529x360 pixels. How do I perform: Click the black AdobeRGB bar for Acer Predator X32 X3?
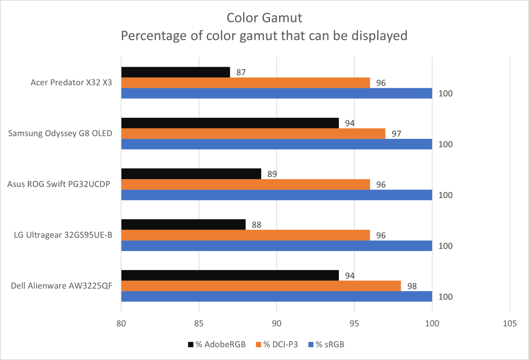pyautogui.click(x=176, y=72)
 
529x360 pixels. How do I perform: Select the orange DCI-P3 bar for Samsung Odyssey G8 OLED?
pyautogui.click(x=253, y=133)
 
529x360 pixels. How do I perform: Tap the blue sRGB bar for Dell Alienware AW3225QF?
pyautogui.click(x=276, y=296)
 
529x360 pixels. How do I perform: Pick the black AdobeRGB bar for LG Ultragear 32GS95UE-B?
pyautogui.click(x=183, y=224)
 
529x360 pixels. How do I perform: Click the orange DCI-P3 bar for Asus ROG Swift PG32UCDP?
pyautogui.click(x=245, y=184)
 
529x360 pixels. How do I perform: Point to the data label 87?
pyautogui.click(x=241, y=72)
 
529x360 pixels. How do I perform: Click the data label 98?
pyautogui.click(x=412, y=286)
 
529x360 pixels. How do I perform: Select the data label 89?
pyautogui.click(x=272, y=174)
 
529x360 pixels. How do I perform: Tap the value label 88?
pyautogui.click(x=256, y=225)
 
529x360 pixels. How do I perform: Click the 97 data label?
pyautogui.click(x=396, y=134)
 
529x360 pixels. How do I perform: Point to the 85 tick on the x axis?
pyautogui.click(x=199, y=323)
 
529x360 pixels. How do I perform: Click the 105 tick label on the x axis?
pyautogui.click(x=510, y=323)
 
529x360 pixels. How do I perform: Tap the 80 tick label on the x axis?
pyautogui.click(x=121, y=323)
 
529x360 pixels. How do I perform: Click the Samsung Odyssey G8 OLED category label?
pyautogui.click(x=60, y=134)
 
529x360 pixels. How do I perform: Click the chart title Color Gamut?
pyautogui.click(x=264, y=18)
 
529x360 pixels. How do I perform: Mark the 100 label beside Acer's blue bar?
pyautogui.click(x=446, y=94)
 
